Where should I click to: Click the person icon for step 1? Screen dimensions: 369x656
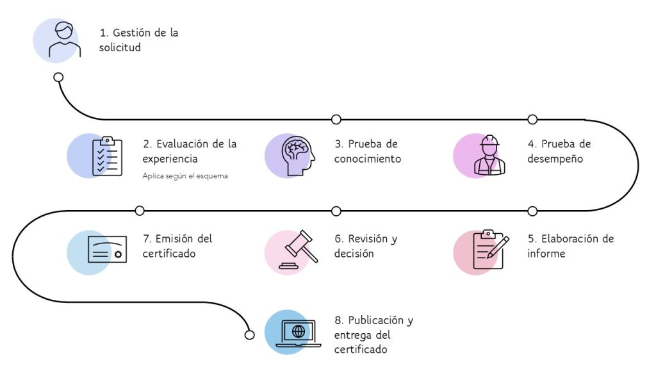point(65,40)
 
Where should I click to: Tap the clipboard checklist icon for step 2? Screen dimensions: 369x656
point(106,156)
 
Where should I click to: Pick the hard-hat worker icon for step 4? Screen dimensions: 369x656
point(489,155)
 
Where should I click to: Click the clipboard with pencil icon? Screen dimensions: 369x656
point(490,249)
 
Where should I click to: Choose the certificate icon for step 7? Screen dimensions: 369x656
point(106,250)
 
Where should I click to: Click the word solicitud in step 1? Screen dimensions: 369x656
point(120,48)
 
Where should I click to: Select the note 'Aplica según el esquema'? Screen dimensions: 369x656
point(185,176)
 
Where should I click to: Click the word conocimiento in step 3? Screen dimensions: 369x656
point(367,159)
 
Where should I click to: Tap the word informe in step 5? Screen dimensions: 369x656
point(546,254)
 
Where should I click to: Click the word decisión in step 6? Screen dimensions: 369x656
point(354,254)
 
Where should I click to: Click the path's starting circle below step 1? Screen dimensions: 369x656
point(58,77)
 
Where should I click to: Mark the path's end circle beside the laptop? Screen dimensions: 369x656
point(250,334)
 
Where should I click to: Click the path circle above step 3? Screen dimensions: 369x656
point(336,119)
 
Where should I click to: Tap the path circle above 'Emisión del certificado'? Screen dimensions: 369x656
point(140,211)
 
